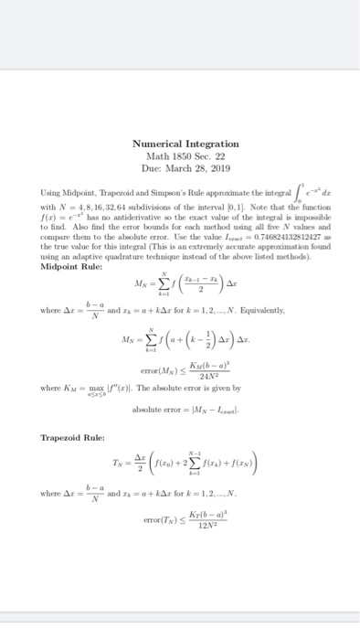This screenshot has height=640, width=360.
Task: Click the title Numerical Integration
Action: pos(180,144)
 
